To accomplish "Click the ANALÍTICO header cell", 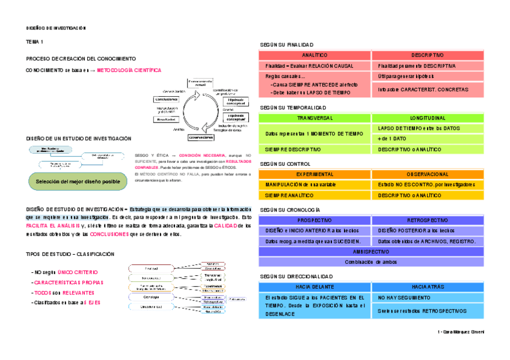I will (315, 55).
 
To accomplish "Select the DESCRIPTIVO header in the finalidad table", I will (428, 55).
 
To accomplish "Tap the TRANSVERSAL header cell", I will (315, 118).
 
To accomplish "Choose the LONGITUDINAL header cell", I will (428, 118).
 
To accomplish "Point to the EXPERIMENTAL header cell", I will (315, 174).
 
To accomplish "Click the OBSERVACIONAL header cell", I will (428, 174).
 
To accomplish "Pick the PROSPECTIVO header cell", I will (315, 221).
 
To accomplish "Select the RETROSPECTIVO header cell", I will (428, 221).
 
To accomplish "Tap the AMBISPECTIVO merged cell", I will (371, 252).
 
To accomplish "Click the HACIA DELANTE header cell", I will (315, 287).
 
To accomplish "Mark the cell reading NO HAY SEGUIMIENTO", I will (428, 297).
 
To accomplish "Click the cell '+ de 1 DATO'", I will (428, 139).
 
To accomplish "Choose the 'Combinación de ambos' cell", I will (371, 261).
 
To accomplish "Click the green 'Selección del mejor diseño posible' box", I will (78, 181).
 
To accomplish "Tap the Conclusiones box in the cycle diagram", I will (166, 99).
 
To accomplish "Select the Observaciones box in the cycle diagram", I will (201, 137).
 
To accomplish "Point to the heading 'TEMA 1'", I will (34, 42).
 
